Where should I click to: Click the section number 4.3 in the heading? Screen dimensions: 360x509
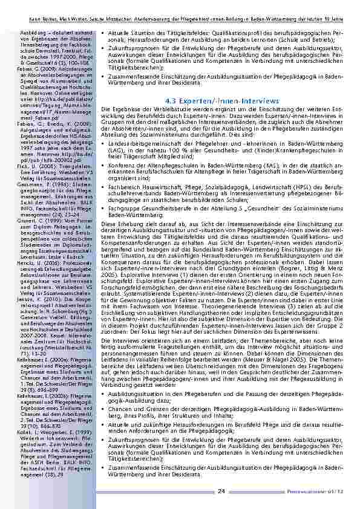point(171,100)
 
